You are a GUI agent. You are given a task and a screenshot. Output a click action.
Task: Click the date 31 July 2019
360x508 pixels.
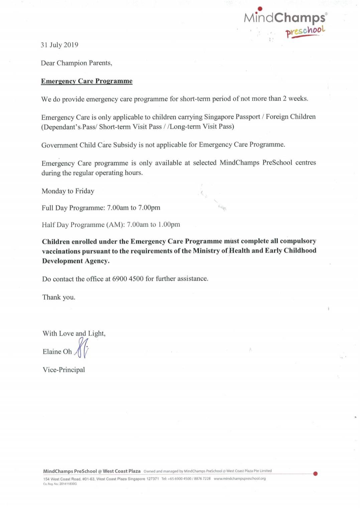click(x=59, y=45)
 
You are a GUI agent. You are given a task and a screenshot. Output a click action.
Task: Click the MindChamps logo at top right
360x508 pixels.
click(x=285, y=18)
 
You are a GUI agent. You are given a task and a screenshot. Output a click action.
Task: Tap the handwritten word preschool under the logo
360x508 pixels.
click(x=305, y=31)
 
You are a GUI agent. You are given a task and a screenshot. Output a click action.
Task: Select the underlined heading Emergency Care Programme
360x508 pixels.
click(x=87, y=81)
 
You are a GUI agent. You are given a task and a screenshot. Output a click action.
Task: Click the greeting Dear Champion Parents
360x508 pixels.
click(x=76, y=63)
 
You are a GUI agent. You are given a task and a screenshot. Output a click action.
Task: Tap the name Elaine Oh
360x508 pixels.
click(x=57, y=352)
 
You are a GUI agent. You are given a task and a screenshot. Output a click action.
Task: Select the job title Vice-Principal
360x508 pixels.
click(x=64, y=370)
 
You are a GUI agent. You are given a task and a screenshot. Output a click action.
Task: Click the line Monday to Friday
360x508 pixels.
click(x=68, y=191)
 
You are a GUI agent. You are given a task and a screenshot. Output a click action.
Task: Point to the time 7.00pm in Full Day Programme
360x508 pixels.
click(x=149, y=208)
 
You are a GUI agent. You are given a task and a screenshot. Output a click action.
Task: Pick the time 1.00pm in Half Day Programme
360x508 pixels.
click(x=169, y=224)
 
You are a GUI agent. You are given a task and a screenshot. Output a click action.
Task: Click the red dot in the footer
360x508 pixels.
click(x=315, y=474)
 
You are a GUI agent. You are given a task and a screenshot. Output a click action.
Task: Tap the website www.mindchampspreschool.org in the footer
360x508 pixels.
click(x=240, y=479)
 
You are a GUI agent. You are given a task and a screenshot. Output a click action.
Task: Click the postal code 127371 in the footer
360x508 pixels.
click(x=152, y=479)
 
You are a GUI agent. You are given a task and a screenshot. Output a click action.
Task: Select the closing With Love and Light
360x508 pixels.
click(x=74, y=333)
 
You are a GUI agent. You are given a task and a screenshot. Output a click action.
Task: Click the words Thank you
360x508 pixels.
click(x=59, y=297)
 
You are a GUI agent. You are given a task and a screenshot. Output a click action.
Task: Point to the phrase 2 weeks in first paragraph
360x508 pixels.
click(x=295, y=99)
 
